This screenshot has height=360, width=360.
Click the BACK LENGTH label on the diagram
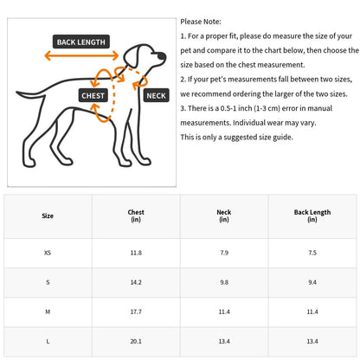click(81, 42)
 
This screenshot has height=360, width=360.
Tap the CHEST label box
click(93, 95)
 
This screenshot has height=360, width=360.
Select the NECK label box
click(156, 95)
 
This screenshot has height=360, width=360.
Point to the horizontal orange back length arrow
click(81, 55)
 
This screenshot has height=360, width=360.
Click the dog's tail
click(30, 94)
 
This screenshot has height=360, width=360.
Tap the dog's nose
click(164, 55)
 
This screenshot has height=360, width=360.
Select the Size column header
click(48, 215)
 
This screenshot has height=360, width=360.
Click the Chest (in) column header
click(136, 215)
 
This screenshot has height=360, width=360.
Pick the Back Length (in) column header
click(312, 215)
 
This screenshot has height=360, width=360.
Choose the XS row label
click(48, 253)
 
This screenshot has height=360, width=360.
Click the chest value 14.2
click(136, 282)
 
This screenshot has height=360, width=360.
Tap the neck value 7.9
click(224, 253)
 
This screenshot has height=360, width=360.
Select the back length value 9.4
click(312, 282)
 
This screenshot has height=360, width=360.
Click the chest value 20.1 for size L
click(136, 341)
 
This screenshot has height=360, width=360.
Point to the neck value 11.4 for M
click(224, 312)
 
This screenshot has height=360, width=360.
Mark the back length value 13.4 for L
click(312, 341)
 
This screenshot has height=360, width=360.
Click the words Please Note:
click(201, 22)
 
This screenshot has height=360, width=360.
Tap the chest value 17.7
click(136, 312)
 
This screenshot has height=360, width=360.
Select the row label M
click(48, 312)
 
